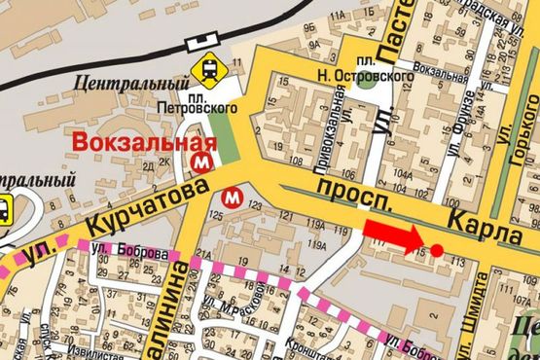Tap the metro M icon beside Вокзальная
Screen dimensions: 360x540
click(203, 159)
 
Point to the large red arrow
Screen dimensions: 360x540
click(395, 236)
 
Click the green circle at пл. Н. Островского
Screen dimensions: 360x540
click(366, 80)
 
